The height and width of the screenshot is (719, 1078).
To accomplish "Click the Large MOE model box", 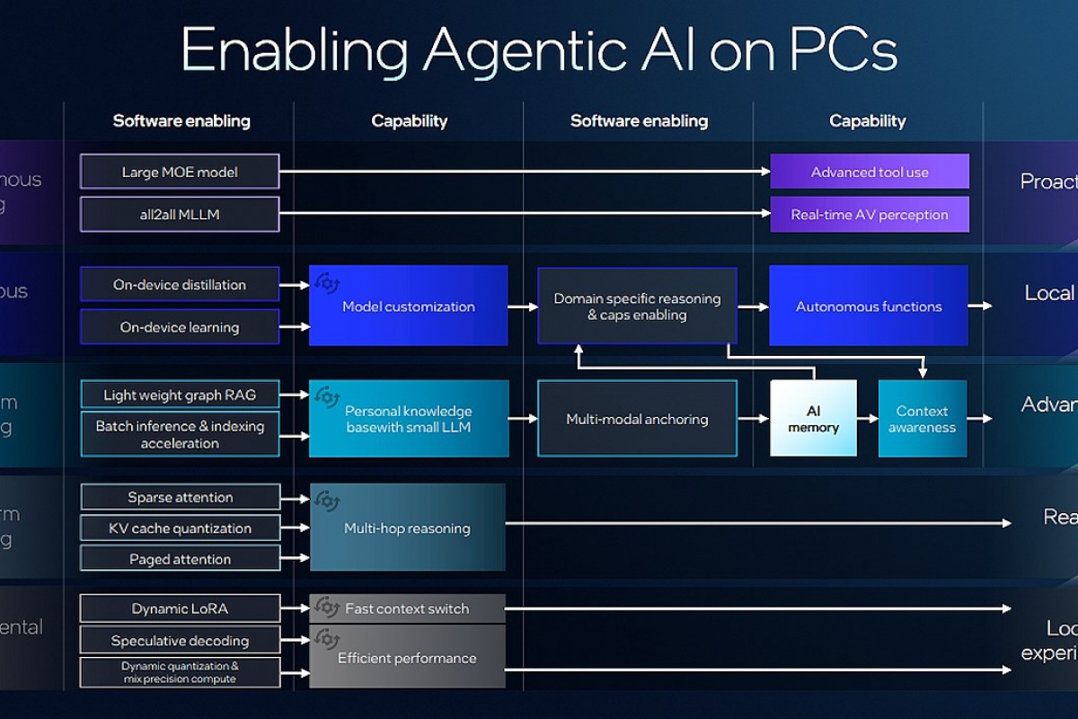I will pos(180,172).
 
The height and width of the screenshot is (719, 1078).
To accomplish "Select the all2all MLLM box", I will pos(180,215).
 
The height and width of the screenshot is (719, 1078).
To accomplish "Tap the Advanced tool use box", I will pos(870,172).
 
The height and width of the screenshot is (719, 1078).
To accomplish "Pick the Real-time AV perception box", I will pos(870,215).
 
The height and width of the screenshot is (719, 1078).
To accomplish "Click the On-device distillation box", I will pos(180,285).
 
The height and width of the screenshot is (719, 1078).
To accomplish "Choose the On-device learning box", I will pos(180,327).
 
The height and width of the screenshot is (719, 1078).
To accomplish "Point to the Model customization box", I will pos(409,306).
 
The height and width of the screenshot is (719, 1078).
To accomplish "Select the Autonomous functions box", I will pos(869,306).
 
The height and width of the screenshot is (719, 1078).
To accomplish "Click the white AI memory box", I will pos(813,419).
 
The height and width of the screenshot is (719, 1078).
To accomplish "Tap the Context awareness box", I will pos(923,419).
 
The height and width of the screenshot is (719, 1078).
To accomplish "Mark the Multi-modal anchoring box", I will pos(637,419).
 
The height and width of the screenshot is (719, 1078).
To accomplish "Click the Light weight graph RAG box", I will pos(180,395).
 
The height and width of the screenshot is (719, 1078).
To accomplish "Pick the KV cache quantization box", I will pos(180,528).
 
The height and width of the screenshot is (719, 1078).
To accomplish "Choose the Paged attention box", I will pos(180,559).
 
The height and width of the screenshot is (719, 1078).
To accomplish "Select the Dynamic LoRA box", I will pos(180,608).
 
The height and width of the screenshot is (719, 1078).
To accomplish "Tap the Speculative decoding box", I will pos(180,641).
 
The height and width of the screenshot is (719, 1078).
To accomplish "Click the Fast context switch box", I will pos(407,608).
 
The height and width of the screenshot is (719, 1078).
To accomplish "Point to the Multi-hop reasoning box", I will pos(407,528).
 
